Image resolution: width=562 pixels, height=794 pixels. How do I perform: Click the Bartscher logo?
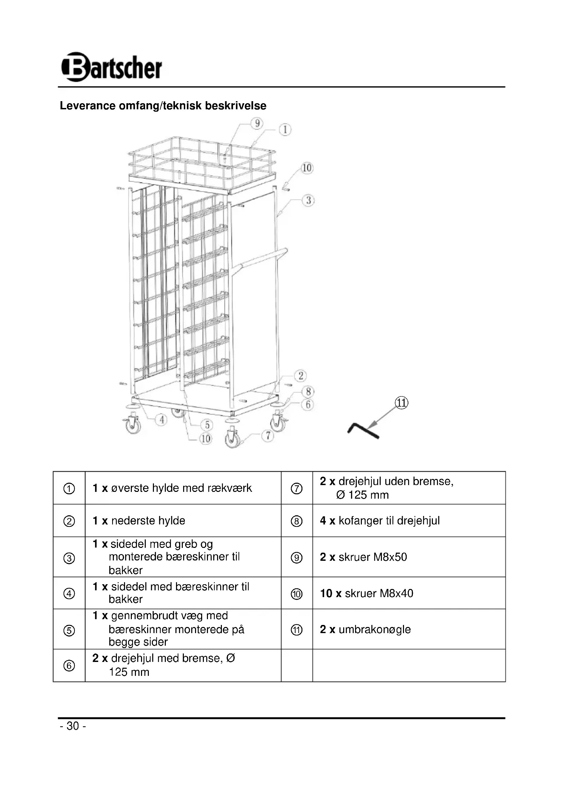tap(111, 67)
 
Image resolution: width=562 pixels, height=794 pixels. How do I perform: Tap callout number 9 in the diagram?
tap(257, 124)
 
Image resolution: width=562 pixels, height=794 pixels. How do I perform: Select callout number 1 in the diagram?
tap(285, 130)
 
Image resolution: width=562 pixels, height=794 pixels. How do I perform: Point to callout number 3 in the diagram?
tap(308, 200)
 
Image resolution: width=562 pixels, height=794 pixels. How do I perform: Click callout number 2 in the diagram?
tap(300, 375)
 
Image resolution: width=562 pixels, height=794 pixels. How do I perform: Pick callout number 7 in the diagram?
tap(268, 436)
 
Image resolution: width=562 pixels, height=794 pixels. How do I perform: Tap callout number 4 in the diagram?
tap(161, 420)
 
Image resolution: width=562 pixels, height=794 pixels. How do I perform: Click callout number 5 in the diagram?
tap(207, 425)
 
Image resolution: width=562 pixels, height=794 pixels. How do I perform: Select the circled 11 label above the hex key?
tap(401, 403)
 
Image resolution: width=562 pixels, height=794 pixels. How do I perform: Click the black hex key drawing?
tap(363, 431)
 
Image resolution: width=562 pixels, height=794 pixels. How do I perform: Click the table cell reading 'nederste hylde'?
tap(148, 520)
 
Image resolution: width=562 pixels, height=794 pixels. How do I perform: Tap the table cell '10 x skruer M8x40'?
tap(367, 593)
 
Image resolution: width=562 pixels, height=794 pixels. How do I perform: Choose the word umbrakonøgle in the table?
tap(374, 629)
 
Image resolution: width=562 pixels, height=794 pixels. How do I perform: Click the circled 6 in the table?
tap(69, 666)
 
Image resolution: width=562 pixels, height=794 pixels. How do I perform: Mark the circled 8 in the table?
tap(297, 521)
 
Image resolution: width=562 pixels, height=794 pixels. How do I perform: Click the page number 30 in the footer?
tap(73, 726)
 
